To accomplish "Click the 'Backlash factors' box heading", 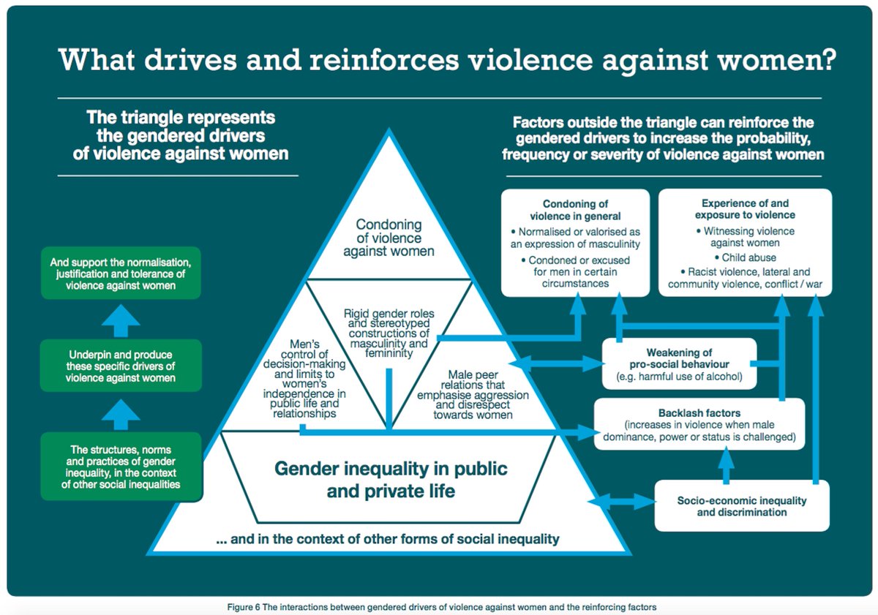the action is coord(699,413).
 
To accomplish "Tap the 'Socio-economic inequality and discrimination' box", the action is coord(741,506).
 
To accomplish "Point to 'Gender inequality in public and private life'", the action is coord(391,479).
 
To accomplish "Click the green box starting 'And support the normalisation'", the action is coord(121,273).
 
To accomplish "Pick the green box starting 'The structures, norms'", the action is coord(121,467).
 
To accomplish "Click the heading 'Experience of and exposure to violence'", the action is coord(745,209).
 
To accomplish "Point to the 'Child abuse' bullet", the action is coord(745,257).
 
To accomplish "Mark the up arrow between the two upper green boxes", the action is coord(121,317).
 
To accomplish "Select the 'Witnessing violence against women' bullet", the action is coord(745,237).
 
